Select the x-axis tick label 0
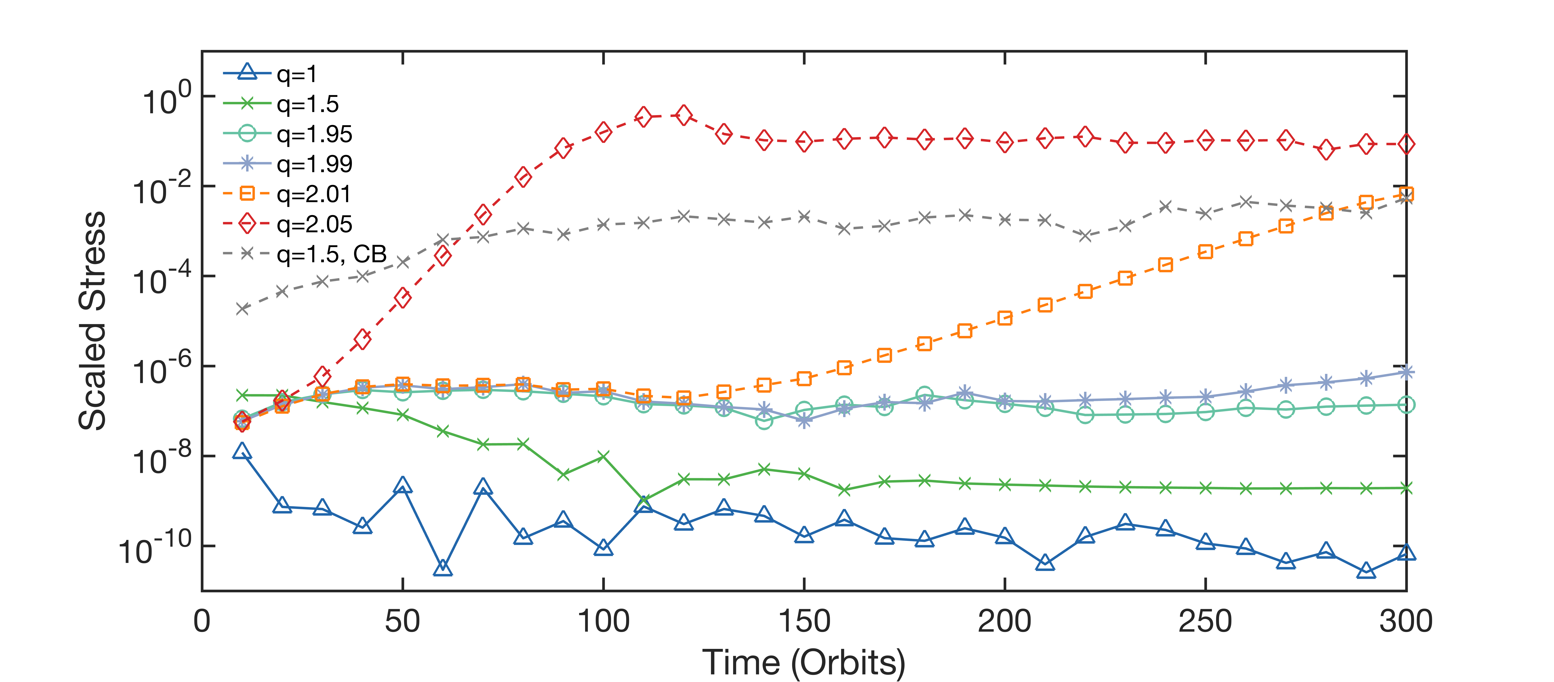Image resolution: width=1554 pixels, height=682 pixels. pos(202,622)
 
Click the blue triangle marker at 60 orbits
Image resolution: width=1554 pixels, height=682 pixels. pos(443,567)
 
